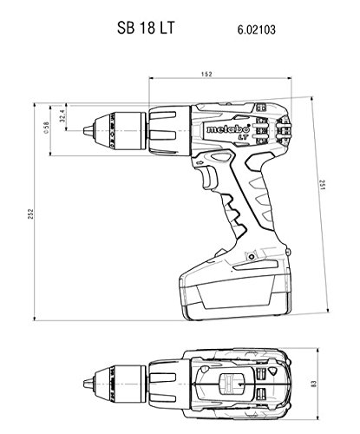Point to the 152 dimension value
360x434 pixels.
(205, 74)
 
